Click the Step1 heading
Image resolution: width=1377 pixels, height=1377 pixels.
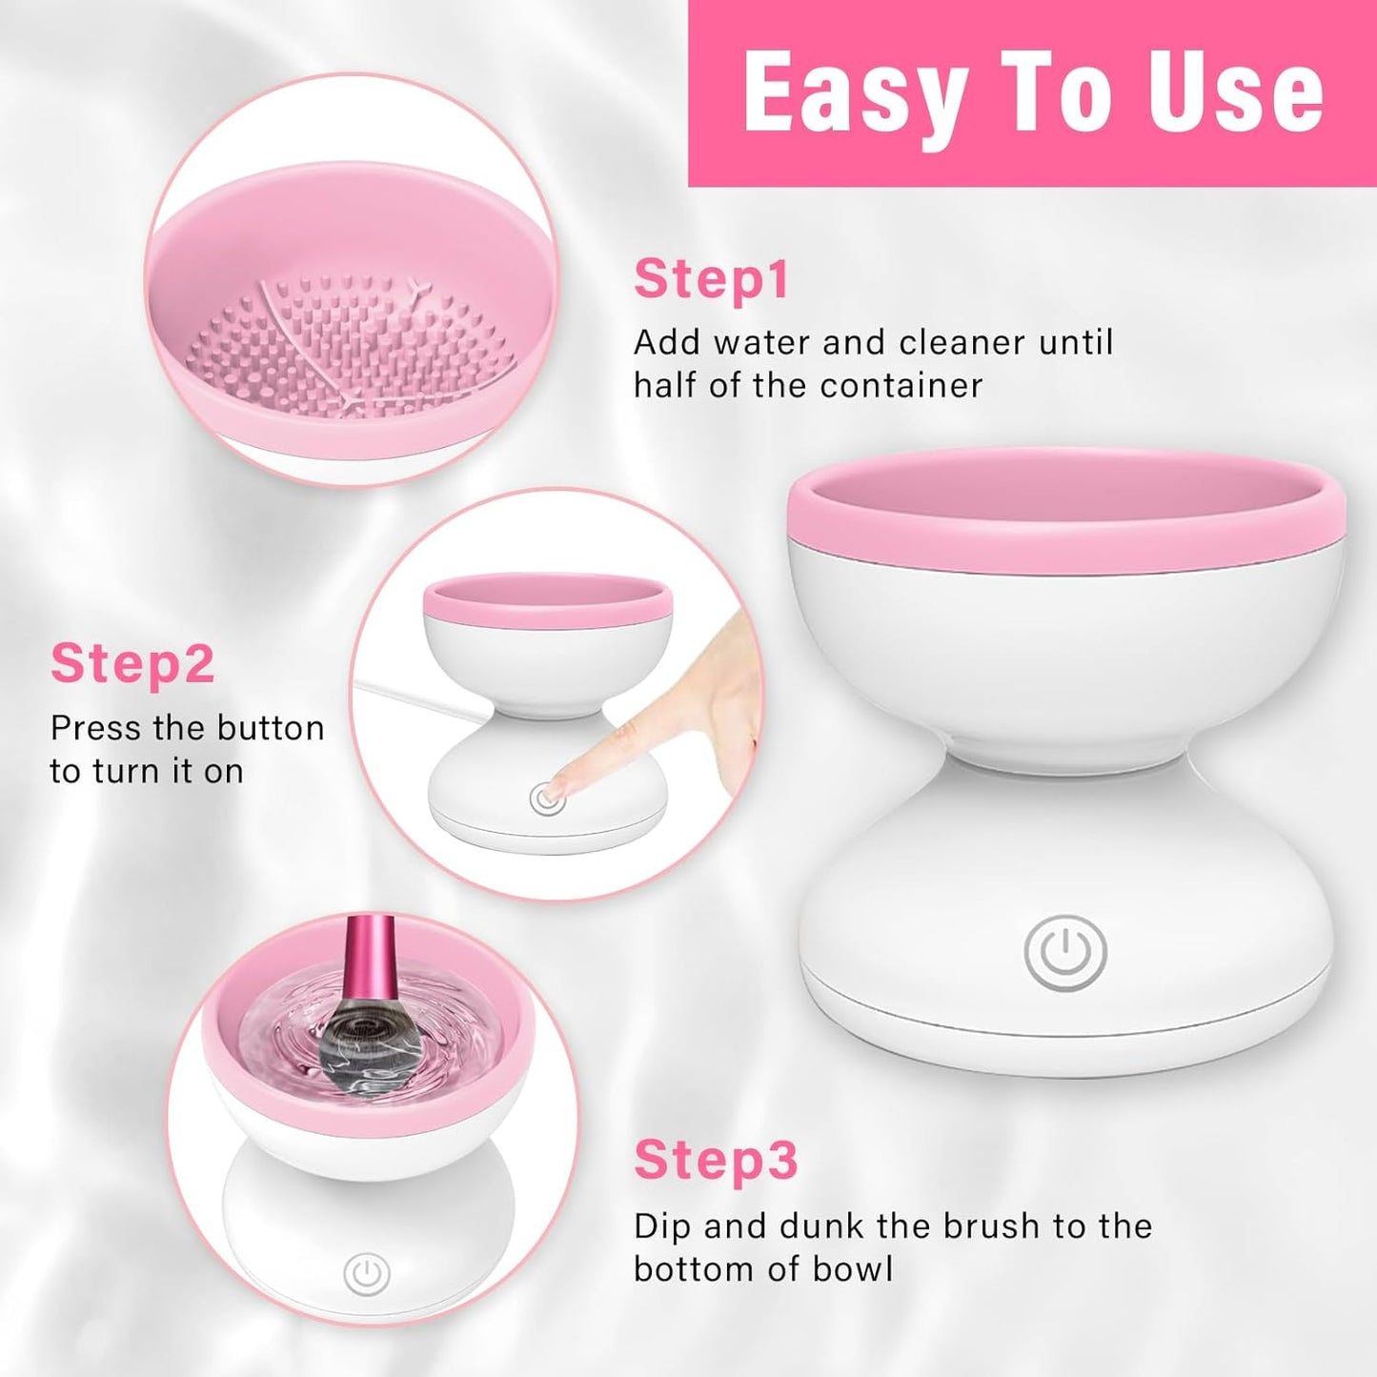click(712, 279)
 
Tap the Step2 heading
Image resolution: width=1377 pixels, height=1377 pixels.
click(132, 663)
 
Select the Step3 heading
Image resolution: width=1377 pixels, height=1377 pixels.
click(716, 1161)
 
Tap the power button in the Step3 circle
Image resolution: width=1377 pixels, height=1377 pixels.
click(367, 1274)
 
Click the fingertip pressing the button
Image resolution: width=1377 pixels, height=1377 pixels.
click(557, 790)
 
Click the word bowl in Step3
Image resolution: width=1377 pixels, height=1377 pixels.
click(853, 1268)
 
